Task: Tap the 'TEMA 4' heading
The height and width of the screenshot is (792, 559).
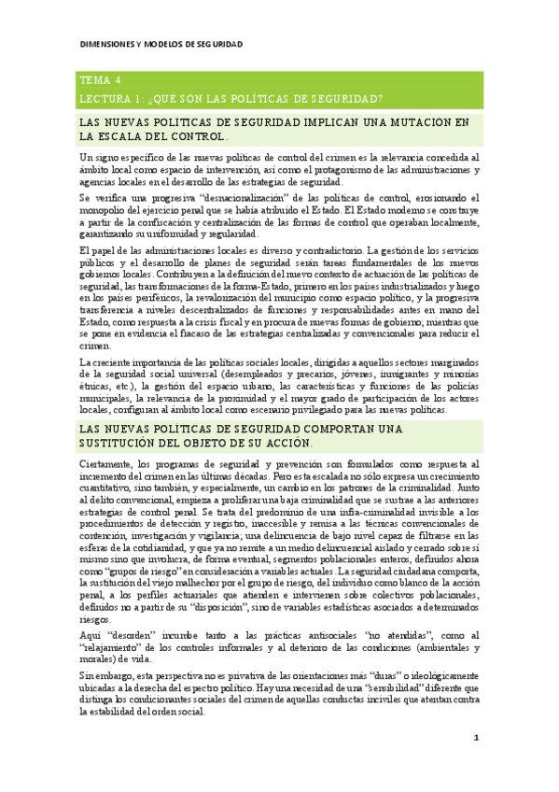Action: [x=100, y=80]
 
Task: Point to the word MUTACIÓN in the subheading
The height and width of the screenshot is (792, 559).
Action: [x=409, y=122]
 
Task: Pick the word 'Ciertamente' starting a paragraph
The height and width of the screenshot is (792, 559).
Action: [x=105, y=463]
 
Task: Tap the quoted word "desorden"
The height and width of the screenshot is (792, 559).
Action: [x=124, y=631]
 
